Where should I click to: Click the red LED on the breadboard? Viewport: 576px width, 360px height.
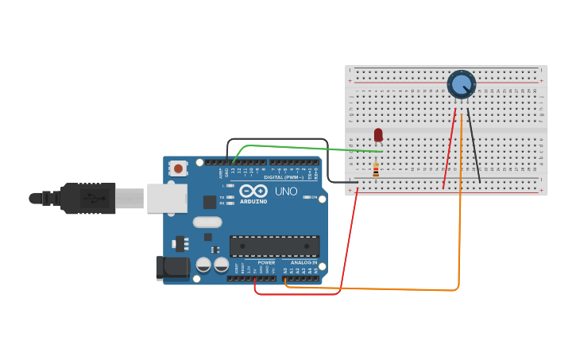[x=378, y=134]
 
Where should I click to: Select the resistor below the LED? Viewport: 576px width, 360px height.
[x=376, y=170]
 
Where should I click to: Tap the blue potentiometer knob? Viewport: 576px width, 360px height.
[x=461, y=83]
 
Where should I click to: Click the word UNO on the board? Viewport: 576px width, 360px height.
[x=286, y=192]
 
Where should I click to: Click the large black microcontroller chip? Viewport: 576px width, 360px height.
[x=274, y=246]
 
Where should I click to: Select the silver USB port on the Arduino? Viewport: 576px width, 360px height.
[x=167, y=198]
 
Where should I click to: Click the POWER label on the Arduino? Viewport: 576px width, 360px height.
[x=266, y=262]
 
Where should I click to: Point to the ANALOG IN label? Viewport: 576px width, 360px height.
[x=303, y=262]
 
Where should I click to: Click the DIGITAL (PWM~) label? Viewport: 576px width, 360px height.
[x=282, y=177]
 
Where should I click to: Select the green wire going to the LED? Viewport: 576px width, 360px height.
[x=302, y=147]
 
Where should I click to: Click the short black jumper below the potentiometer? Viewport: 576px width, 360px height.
[x=474, y=147]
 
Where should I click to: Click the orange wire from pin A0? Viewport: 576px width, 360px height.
[x=459, y=238]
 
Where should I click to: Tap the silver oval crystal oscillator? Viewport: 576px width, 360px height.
[x=207, y=223]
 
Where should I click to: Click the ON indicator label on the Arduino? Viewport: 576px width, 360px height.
[x=314, y=197]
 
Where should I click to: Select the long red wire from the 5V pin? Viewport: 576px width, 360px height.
[x=347, y=246]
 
